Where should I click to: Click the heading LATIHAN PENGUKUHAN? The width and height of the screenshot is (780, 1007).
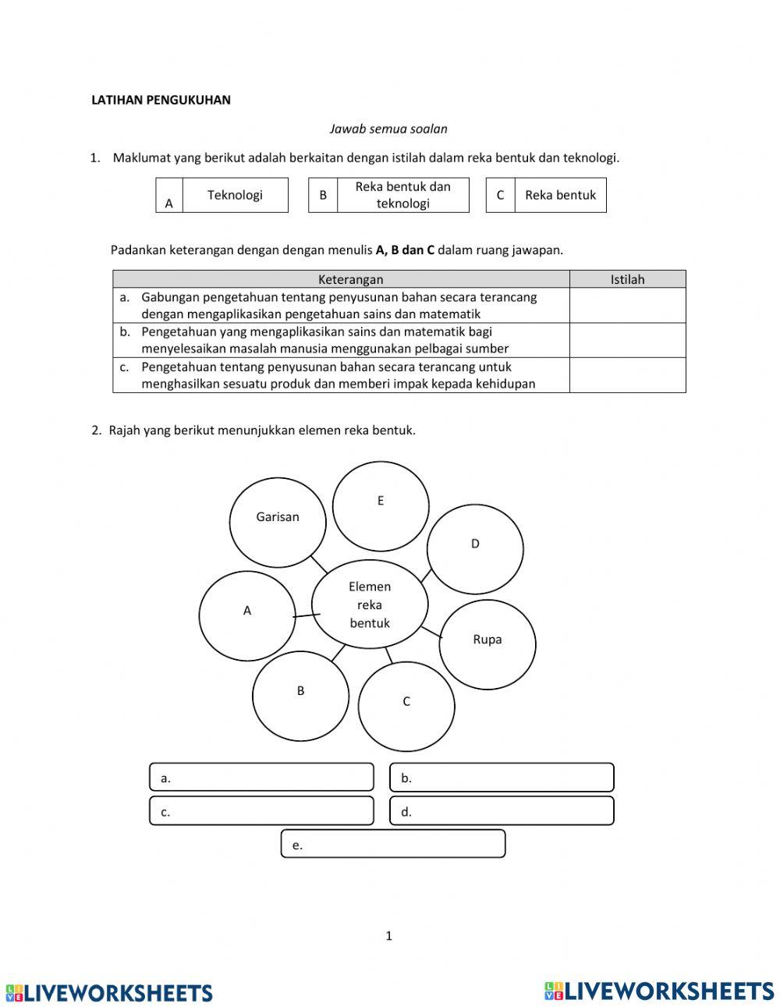[x=161, y=100]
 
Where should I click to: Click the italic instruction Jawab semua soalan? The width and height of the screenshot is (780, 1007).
[x=388, y=129]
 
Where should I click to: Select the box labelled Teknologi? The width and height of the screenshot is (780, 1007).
[x=235, y=195]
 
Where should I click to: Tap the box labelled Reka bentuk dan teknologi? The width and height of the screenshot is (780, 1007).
[x=402, y=195]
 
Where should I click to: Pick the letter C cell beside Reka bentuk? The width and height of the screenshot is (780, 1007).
[x=500, y=195]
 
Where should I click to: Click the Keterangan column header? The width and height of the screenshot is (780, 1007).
[x=342, y=279]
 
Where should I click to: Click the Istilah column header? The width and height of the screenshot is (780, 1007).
[x=627, y=279]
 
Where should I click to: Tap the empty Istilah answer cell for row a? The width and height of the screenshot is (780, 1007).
[x=627, y=306]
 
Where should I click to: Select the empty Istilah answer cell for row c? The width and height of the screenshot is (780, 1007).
[x=627, y=375]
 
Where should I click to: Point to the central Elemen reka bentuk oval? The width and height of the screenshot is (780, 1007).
[x=370, y=605]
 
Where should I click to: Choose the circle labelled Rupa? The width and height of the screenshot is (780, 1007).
[x=488, y=644]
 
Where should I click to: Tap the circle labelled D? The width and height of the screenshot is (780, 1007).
[x=475, y=549]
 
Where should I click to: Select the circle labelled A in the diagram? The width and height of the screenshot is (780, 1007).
[x=247, y=615]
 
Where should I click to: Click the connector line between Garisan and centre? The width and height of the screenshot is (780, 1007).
[x=318, y=564]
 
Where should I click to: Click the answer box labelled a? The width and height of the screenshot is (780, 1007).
[x=261, y=778]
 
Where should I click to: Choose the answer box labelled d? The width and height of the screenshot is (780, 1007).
[x=502, y=811]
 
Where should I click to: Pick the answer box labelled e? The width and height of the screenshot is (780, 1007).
[x=393, y=844]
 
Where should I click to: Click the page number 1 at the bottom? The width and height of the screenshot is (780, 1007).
[x=388, y=936]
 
